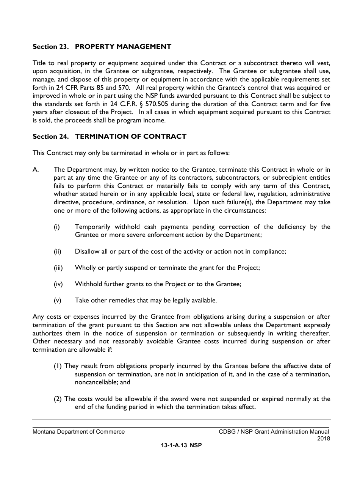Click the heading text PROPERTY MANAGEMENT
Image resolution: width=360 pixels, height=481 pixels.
[123, 47]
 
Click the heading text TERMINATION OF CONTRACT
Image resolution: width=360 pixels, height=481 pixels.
[131, 136]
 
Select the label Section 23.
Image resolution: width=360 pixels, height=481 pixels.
[50, 47]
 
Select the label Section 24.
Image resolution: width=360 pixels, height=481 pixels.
[50, 136]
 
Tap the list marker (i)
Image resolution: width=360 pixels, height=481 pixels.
[56, 227]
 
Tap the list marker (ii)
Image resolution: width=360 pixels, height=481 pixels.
[57, 251]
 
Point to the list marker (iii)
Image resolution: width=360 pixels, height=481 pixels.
[58, 268]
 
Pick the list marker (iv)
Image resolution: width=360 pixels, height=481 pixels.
[58, 284]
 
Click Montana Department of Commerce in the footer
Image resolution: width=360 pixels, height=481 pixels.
[78, 431]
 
